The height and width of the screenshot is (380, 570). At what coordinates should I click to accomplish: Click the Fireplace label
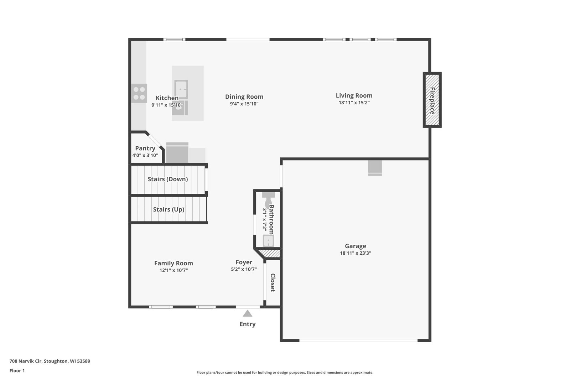(432, 101)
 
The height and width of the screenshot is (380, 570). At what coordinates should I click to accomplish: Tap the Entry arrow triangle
(247, 313)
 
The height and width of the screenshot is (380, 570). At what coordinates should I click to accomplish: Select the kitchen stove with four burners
(139, 93)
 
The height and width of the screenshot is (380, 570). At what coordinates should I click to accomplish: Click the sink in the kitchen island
(181, 89)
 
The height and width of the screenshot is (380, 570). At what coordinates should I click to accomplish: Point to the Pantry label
(145, 148)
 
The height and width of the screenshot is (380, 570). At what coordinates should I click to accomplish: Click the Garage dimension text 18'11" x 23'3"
(356, 253)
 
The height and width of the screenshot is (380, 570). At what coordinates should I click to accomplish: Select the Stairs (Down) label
(168, 179)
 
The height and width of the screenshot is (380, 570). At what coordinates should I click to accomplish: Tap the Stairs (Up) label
(169, 209)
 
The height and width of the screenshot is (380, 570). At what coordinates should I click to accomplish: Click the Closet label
(273, 282)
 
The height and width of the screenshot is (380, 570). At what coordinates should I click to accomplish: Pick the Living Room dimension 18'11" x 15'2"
(354, 103)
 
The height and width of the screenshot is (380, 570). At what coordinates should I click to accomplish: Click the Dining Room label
(244, 97)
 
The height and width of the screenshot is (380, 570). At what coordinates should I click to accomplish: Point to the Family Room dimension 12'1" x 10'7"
(173, 270)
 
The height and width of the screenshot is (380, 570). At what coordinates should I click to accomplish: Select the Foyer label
(244, 262)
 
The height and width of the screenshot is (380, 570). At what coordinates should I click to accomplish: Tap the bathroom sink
(268, 241)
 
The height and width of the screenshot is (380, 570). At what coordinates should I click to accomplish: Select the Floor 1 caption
(17, 371)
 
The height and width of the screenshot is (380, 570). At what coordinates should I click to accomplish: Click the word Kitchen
(167, 98)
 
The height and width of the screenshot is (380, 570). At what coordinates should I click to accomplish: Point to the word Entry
(247, 324)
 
